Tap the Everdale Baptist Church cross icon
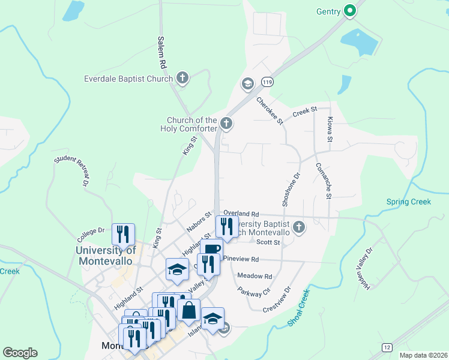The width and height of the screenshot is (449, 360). [x=182, y=78]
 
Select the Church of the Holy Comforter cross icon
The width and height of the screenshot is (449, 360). [x=226, y=124]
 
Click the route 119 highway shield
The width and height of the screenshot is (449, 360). [x=267, y=82]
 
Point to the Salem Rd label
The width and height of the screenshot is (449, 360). [x=161, y=51]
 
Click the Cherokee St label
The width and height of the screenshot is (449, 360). [x=270, y=111]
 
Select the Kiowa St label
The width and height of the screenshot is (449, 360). [x=330, y=130]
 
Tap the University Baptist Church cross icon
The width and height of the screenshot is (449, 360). [x=299, y=227]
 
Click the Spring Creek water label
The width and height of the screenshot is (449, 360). [x=408, y=202]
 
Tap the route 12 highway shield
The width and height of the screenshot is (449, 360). [x=387, y=347]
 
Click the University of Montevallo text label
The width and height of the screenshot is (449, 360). [x=106, y=256]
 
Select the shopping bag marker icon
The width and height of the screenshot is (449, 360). [x=189, y=310]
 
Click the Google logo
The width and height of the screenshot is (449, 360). [x=20, y=353]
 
